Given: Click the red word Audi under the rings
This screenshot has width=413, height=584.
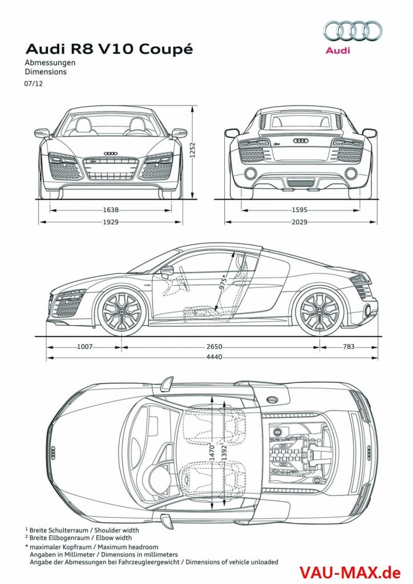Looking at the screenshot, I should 338,51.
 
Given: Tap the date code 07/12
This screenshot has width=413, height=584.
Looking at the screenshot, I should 31,83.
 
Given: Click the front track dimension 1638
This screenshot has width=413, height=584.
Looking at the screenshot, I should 111,210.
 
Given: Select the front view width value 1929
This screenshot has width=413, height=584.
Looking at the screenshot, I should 111,222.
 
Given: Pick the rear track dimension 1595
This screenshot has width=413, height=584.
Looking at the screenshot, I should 299,210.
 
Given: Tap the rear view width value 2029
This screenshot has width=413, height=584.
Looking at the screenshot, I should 299,222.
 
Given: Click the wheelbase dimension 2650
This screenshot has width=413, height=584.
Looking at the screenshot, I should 214,346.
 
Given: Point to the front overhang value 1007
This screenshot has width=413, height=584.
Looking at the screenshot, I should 84,346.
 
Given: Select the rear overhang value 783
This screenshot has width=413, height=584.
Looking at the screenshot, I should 349,346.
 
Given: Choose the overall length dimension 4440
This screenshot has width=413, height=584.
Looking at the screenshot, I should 214,357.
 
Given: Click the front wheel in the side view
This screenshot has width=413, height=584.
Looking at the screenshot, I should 122,311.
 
